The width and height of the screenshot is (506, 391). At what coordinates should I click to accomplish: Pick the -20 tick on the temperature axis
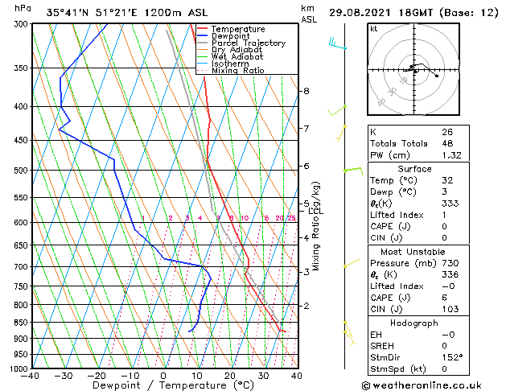point(96,376)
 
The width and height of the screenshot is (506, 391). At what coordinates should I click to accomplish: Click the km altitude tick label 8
point(306,91)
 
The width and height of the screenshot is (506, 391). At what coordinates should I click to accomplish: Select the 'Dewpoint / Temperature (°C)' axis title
point(163,386)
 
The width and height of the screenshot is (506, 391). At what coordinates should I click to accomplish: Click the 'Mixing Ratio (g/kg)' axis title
point(317,226)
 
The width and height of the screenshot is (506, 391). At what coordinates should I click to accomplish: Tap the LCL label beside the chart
point(315,211)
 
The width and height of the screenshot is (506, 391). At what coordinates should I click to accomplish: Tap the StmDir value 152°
point(453,357)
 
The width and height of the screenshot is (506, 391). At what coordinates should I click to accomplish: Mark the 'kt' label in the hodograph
point(373,28)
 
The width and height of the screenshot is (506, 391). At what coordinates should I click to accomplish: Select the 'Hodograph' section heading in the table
point(415,323)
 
